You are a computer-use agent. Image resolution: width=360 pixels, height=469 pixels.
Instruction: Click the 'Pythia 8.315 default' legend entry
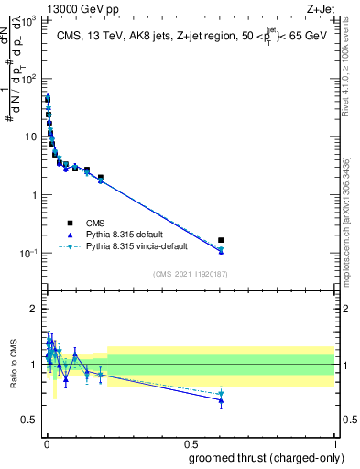click(x=125, y=234)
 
